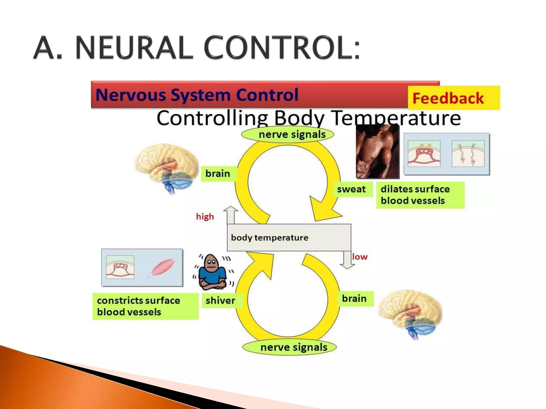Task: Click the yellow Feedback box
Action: pos(454,98)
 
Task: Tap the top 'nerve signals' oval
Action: pos(287,134)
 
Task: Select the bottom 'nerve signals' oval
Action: pos(290,347)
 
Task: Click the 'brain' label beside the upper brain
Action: pos(218,174)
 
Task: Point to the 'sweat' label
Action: pos(352,189)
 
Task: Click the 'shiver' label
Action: pos(221,301)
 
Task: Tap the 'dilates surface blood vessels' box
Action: pos(420,195)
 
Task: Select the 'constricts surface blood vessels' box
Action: pos(145,306)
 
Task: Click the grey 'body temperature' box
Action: pos(289,238)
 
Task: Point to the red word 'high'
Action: pos(205,216)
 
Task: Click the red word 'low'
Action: pos(360,257)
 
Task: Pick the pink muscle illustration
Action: pos(163,267)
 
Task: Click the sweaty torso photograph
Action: pos(378,151)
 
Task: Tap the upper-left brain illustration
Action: pos(167,166)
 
